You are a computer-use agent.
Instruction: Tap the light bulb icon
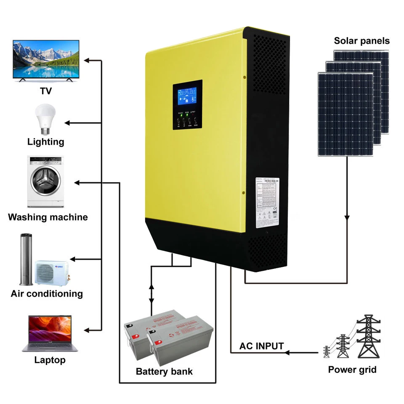click(45, 119)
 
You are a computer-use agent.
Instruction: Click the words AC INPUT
click(261, 346)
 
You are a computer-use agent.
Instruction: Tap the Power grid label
click(352, 370)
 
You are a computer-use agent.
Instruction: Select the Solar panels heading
click(361, 41)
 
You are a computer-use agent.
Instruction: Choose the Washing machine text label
click(48, 217)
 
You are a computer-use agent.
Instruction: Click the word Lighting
click(46, 141)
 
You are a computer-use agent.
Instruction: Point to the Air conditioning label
click(46, 293)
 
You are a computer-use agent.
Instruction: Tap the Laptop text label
click(50, 360)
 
